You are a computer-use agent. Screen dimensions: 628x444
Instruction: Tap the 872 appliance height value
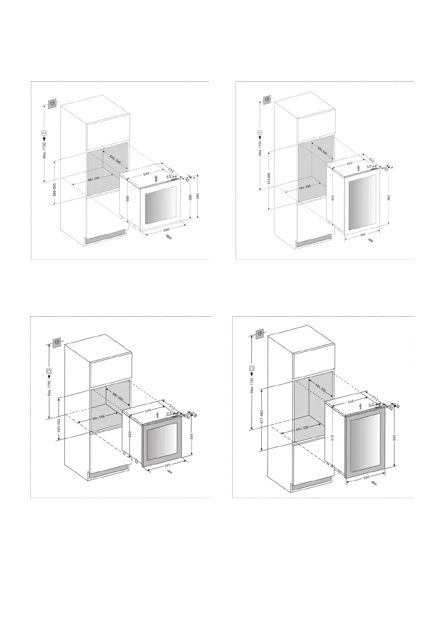pos(333,198)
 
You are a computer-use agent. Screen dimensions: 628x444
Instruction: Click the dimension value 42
pos(188,417)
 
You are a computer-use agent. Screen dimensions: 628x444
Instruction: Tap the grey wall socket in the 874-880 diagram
pos(267,100)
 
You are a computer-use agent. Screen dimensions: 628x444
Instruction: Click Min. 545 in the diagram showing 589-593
pos(116,159)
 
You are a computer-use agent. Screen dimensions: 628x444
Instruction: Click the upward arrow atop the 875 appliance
pos(360,406)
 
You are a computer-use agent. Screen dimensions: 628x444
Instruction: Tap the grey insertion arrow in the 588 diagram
pos(169,237)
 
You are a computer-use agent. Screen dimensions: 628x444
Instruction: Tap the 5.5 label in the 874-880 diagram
pos(369,166)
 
